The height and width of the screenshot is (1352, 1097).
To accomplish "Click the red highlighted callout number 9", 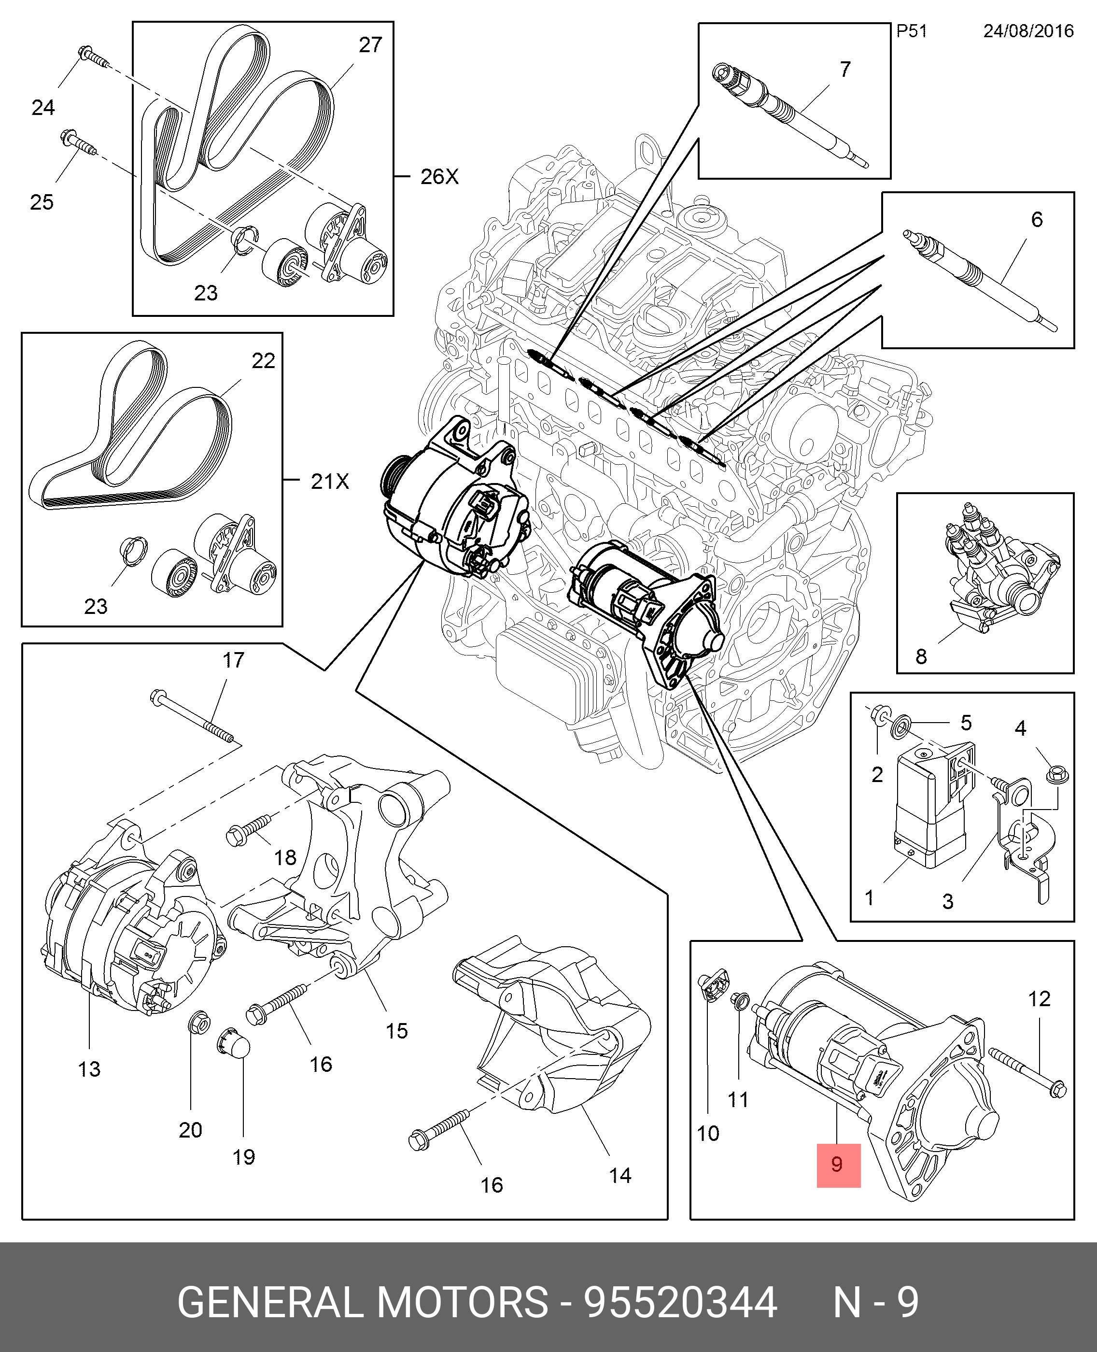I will click(838, 1164).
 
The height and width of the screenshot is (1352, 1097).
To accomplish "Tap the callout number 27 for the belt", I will click(370, 45).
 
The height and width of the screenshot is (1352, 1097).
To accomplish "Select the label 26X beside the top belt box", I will click(439, 176).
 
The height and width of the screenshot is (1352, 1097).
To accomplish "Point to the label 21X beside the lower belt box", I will click(330, 482).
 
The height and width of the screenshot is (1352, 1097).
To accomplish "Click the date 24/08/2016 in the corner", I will click(1028, 31).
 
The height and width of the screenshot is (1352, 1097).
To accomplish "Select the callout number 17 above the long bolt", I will click(233, 660).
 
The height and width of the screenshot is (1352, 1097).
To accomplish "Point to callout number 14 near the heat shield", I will click(620, 1176).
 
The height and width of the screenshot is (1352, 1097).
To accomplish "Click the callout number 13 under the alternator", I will click(89, 1069).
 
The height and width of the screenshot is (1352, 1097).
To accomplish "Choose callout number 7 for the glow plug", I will click(845, 69).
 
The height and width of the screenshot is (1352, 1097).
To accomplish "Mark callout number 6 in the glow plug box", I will click(1036, 219).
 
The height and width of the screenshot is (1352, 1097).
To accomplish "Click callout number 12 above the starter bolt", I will click(1039, 999).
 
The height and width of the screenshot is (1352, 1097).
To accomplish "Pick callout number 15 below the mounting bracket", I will click(396, 1031).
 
